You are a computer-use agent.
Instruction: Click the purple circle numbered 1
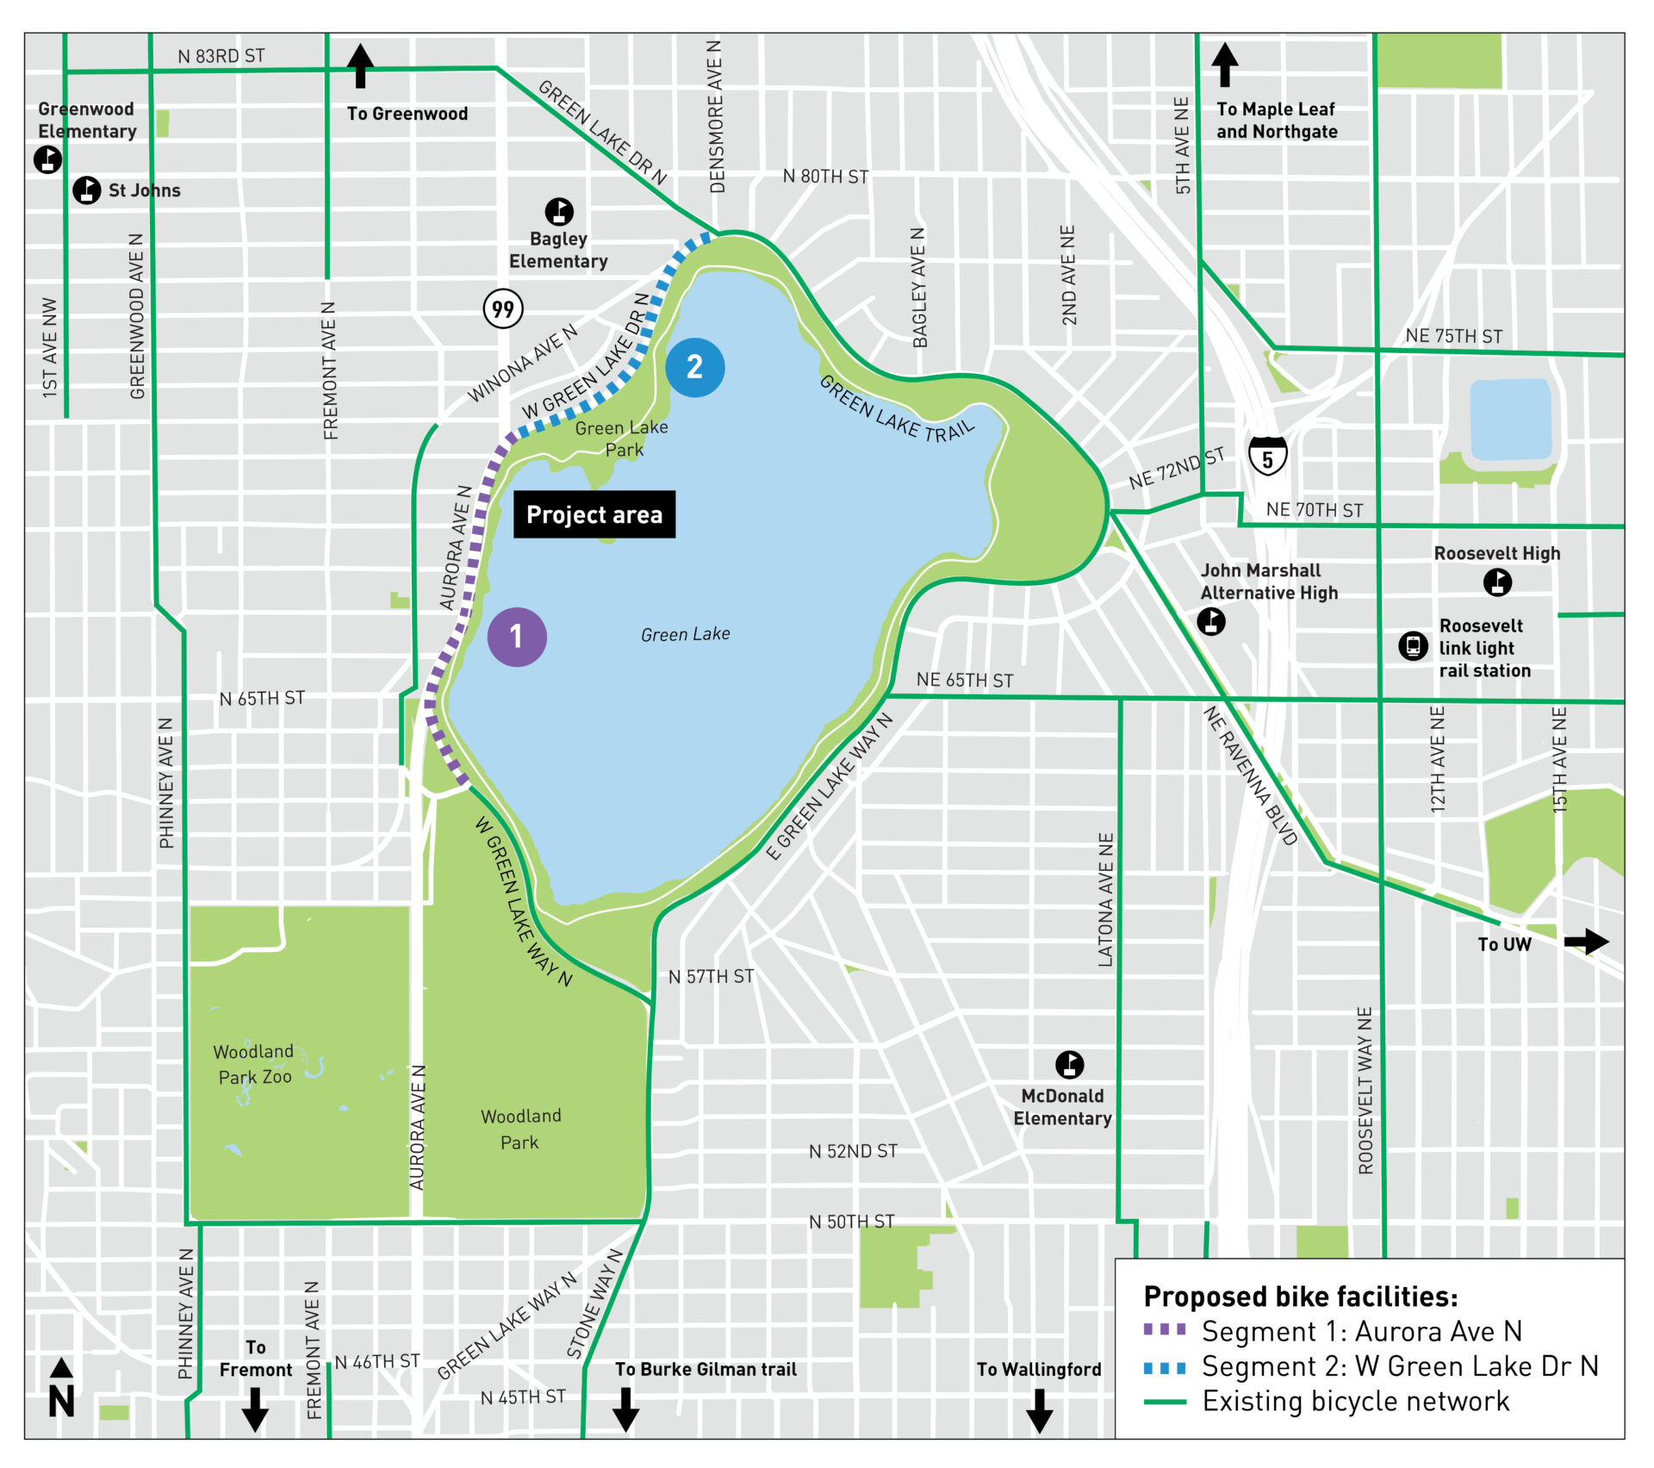click(517, 637)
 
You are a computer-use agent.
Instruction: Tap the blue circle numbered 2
click(694, 367)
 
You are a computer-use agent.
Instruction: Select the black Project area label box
click(594, 514)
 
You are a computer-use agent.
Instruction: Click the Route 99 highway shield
click(503, 308)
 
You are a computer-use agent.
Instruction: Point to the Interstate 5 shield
click(1267, 456)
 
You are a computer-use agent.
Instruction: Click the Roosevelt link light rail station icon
click(1413, 645)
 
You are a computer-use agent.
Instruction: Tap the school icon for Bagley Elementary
click(559, 211)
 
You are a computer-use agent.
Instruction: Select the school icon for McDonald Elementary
click(1069, 1065)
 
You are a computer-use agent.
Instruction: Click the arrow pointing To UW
click(1586, 942)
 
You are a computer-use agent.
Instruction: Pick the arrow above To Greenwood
click(360, 66)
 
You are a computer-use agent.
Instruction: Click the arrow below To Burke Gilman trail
click(625, 1409)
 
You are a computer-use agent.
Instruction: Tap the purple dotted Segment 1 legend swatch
click(1165, 1329)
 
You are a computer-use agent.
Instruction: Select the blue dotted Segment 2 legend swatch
click(1165, 1367)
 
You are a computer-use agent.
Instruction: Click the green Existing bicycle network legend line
click(1165, 1403)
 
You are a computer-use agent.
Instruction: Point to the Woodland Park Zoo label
click(254, 1065)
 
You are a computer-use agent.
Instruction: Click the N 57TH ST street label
click(711, 976)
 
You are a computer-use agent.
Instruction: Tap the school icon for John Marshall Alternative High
click(1211, 621)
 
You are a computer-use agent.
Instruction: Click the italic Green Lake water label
click(685, 635)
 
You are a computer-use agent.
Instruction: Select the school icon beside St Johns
click(86, 190)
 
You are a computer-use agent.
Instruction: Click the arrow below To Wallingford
click(1039, 1409)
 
